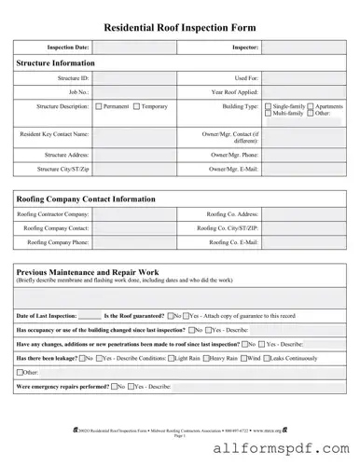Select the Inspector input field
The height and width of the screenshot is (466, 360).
[303, 47]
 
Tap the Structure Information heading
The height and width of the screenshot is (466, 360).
[55, 63]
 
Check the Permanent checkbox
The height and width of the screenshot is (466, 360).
[100, 107]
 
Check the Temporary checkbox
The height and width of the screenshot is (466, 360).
[136, 107]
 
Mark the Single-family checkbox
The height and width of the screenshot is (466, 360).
[269, 106]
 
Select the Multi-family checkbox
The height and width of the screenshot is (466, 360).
[269, 114]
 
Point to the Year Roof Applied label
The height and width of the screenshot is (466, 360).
[234, 92]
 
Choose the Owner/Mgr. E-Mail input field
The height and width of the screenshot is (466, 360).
[303, 169]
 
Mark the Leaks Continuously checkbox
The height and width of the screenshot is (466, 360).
[266, 357]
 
